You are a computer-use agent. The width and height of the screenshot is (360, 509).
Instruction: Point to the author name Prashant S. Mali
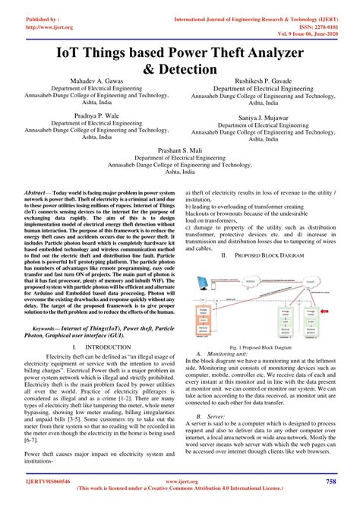tap(179, 150)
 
